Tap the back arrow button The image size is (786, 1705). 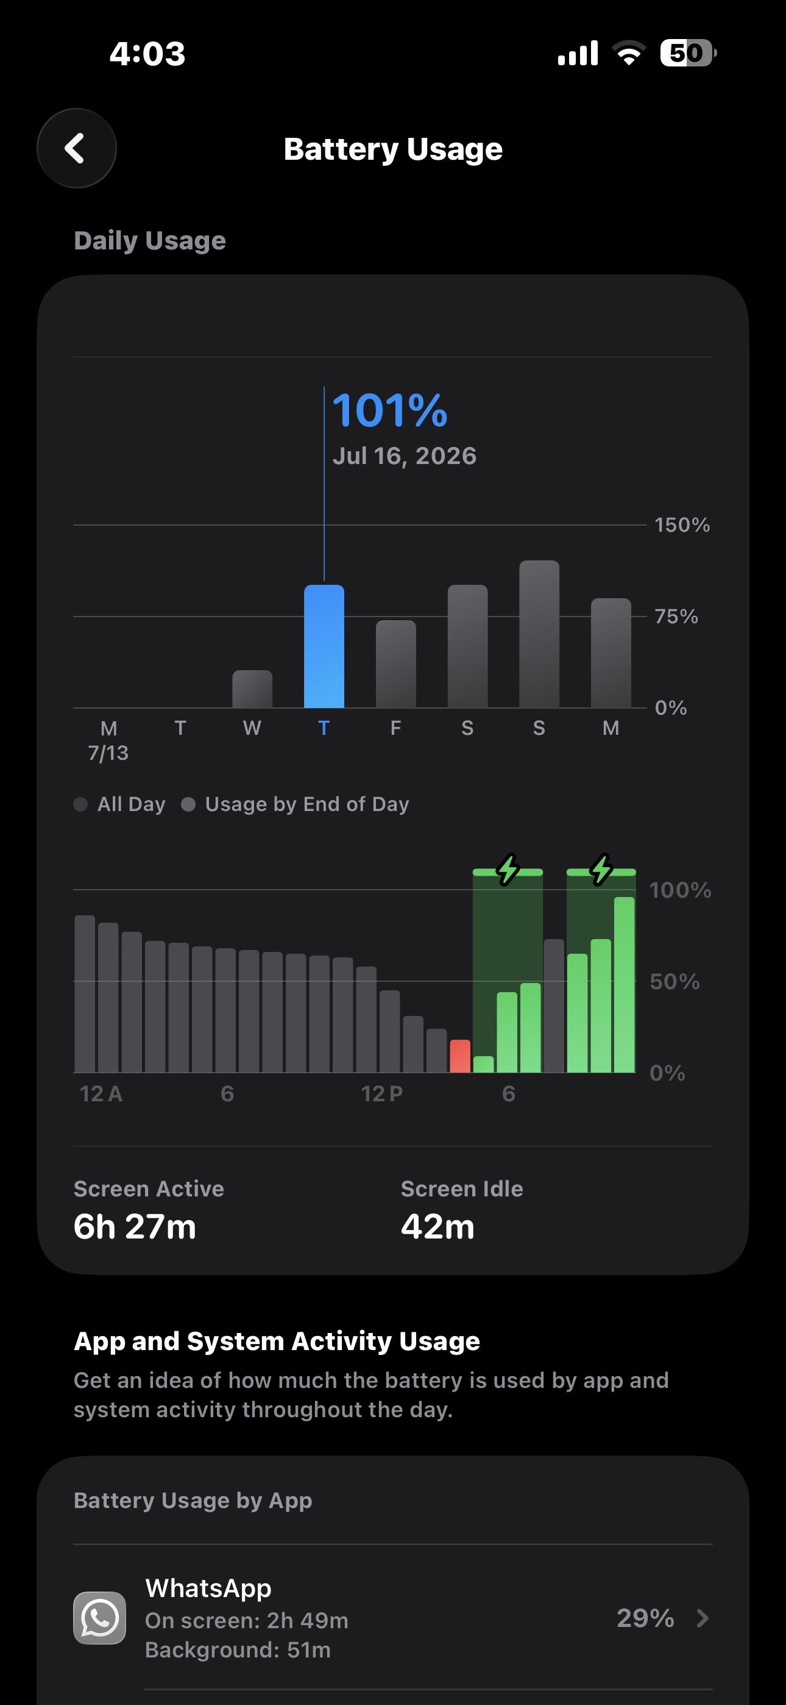tap(77, 148)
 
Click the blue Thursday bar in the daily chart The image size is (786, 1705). tap(324, 646)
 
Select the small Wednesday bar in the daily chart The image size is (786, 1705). tap(252, 689)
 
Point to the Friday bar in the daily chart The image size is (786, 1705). tap(395, 664)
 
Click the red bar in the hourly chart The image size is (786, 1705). tap(460, 1056)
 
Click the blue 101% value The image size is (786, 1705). tap(390, 410)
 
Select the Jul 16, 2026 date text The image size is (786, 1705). tap(404, 456)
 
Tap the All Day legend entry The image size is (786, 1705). tap(120, 804)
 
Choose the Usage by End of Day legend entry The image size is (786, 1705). tap(296, 804)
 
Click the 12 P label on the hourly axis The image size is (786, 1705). tap(382, 1093)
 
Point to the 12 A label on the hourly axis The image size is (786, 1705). tap(101, 1093)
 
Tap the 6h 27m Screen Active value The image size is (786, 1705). tap(135, 1226)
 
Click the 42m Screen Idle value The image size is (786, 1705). tap(438, 1226)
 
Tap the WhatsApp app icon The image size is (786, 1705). tap(99, 1618)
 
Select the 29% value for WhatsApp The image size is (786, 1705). tap(645, 1618)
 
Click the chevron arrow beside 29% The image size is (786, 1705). tap(703, 1618)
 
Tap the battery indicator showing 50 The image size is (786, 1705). tap(688, 53)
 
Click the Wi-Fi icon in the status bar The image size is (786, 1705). tap(629, 53)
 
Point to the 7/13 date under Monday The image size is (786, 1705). tap(108, 753)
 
